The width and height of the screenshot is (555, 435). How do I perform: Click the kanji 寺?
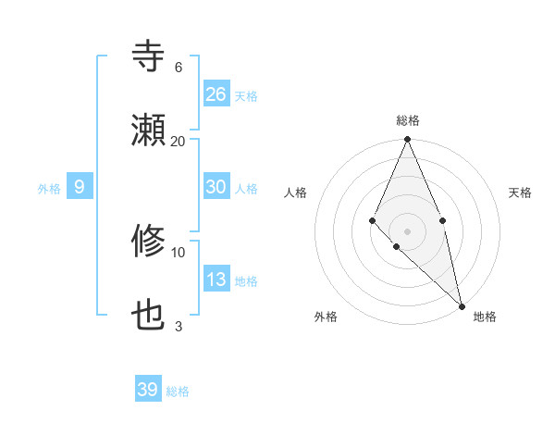(149, 57)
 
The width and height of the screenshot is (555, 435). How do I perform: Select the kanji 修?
(149, 242)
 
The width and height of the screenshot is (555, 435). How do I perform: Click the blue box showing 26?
(216, 94)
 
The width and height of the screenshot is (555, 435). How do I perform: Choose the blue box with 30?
(216, 187)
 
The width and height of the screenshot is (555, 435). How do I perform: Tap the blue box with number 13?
(216, 280)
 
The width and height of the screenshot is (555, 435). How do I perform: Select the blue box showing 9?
(80, 187)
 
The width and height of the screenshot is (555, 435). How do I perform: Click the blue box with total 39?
(148, 390)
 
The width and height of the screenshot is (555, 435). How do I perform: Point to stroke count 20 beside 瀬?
(179, 141)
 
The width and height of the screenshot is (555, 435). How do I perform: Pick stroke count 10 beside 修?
(179, 252)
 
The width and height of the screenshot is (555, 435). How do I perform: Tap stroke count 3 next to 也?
(179, 326)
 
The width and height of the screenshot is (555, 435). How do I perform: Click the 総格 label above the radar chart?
(408, 120)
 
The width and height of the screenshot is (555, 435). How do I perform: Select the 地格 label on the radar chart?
(485, 317)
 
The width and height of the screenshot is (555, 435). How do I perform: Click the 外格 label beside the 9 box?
(49, 189)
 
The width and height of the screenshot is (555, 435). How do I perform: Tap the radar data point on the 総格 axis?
(407, 140)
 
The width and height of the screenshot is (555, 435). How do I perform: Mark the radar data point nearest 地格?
(462, 305)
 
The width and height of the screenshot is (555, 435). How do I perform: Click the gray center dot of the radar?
(407, 230)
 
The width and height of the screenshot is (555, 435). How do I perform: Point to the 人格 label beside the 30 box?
(246, 189)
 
